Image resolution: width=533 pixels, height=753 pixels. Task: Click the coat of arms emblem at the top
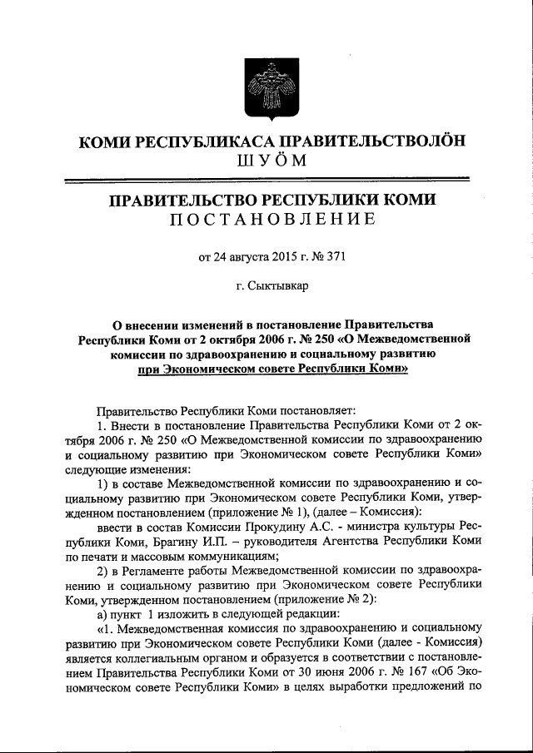click(x=266, y=87)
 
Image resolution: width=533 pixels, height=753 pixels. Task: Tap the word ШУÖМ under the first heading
click(x=266, y=161)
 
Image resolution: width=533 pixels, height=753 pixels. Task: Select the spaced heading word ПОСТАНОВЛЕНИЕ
click(x=266, y=220)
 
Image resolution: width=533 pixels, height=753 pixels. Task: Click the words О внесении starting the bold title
click(x=148, y=324)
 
